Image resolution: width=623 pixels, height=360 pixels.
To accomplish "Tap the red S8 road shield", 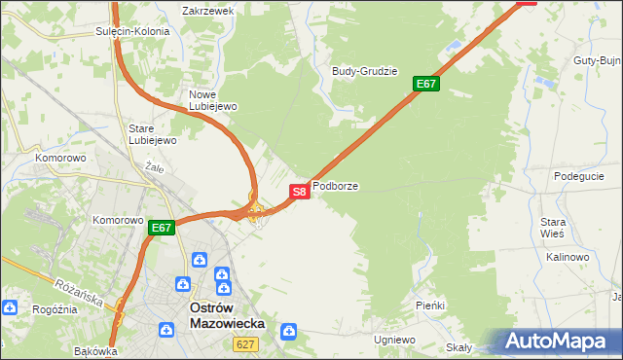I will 300,192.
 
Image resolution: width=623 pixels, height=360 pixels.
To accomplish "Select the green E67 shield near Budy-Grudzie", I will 426,84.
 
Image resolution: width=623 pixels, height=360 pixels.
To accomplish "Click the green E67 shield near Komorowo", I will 162,229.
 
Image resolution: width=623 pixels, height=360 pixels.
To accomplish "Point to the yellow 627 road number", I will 244,344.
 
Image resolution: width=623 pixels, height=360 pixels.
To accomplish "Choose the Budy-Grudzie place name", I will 365,71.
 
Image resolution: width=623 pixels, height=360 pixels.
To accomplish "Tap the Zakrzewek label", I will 208,11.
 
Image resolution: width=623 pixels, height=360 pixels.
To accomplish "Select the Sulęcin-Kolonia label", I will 132,31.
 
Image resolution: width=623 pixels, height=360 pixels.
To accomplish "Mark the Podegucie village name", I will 579,176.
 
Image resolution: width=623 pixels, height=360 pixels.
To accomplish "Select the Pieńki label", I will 429,306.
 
